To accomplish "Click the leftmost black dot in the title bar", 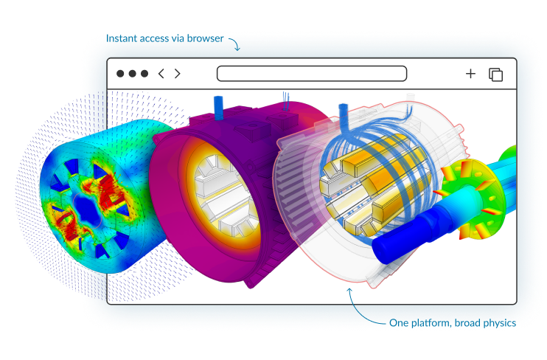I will click(x=120, y=74).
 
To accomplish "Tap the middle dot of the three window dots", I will click(x=133, y=74).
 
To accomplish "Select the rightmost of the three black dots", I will click(x=144, y=74).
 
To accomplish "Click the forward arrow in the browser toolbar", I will click(x=178, y=74).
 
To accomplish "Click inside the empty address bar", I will click(x=311, y=74).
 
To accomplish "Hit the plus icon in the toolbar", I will click(x=470, y=74).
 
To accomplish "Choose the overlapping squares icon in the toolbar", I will click(x=495, y=75).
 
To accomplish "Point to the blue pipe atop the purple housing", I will click(x=218, y=107).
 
